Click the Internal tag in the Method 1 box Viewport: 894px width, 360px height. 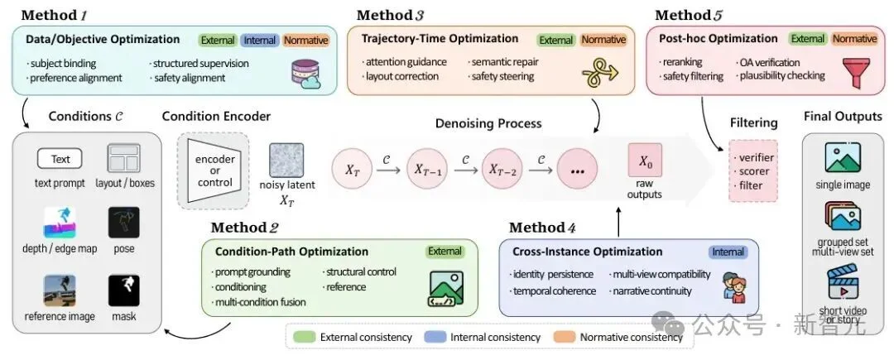[259, 41]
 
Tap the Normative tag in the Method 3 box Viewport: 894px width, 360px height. [603, 39]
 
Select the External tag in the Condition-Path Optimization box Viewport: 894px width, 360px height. [445, 252]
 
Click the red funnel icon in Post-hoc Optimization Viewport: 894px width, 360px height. [856, 72]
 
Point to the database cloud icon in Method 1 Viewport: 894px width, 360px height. [306, 74]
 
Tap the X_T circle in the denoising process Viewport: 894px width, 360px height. [352, 169]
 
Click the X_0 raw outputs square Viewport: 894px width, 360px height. [645, 160]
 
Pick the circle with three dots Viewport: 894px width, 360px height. [578, 169]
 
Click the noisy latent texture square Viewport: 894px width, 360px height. [286, 160]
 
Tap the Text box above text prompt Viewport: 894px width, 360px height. [60, 159]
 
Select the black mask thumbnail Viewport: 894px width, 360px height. [123, 290]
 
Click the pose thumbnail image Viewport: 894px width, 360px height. [123, 223]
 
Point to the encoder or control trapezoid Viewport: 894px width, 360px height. [214, 170]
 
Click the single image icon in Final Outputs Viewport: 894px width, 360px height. [843, 158]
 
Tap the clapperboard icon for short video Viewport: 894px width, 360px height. [843, 282]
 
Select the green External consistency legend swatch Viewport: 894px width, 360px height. [303, 337]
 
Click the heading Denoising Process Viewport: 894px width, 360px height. [488, 123]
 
